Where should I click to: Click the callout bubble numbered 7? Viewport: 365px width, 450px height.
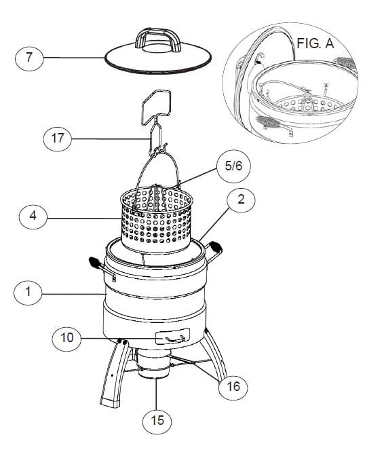coord(28,58)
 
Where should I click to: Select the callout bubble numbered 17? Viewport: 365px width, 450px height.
coord(56,139)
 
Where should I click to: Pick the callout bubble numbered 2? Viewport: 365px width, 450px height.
coord(245,200)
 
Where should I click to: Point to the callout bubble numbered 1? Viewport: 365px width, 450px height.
coord(28,293)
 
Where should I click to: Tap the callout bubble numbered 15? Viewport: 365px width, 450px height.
coord(157,421)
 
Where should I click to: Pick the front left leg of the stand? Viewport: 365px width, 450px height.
coord(113,377)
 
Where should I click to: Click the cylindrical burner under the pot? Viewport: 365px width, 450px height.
coord(155,370)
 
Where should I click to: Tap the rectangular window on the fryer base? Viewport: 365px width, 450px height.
coord(172,337)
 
